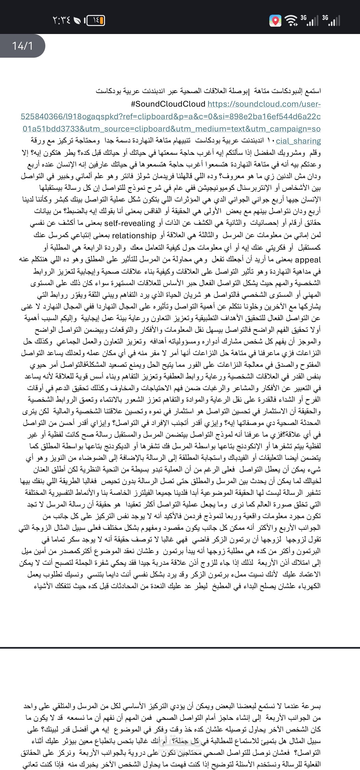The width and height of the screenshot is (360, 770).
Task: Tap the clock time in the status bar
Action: pos(62,21)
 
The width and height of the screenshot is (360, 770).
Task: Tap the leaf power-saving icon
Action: pos(77,21)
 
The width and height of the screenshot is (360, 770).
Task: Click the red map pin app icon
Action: pos(275,21)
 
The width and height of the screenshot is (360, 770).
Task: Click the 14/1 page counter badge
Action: pos(23,45)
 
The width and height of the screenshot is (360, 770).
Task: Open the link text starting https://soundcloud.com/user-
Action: pos(264,104)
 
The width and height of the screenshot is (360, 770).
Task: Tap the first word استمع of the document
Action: pos(313,91)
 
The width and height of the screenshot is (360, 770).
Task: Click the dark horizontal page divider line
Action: pos(180,648)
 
